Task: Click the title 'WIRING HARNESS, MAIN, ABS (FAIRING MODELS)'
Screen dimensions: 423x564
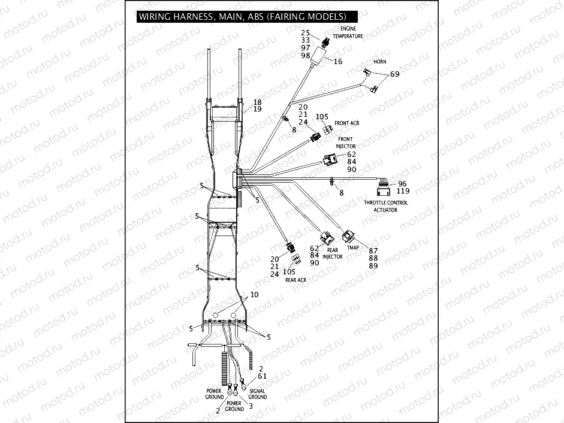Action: point(242,16)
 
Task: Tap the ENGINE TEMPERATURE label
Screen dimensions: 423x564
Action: point(352,32)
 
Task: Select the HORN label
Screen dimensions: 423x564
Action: point(379,62)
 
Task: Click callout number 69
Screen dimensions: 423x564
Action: point(394,74)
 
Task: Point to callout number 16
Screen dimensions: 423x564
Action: point(338,62)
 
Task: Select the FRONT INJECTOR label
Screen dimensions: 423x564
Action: point(346,143)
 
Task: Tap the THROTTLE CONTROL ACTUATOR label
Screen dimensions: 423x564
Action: point(385,206)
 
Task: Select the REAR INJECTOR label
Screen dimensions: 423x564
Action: point(333,253)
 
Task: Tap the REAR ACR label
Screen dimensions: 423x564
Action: point(295,279)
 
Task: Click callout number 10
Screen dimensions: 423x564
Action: point(254,295)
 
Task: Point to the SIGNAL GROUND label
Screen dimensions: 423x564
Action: point(257,394)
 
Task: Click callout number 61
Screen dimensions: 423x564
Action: point(261,376)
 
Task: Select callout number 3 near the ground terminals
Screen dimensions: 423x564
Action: point(250,406)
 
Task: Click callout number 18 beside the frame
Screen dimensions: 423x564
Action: point(257,102)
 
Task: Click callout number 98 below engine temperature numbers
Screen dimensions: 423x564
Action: point(306,56)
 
